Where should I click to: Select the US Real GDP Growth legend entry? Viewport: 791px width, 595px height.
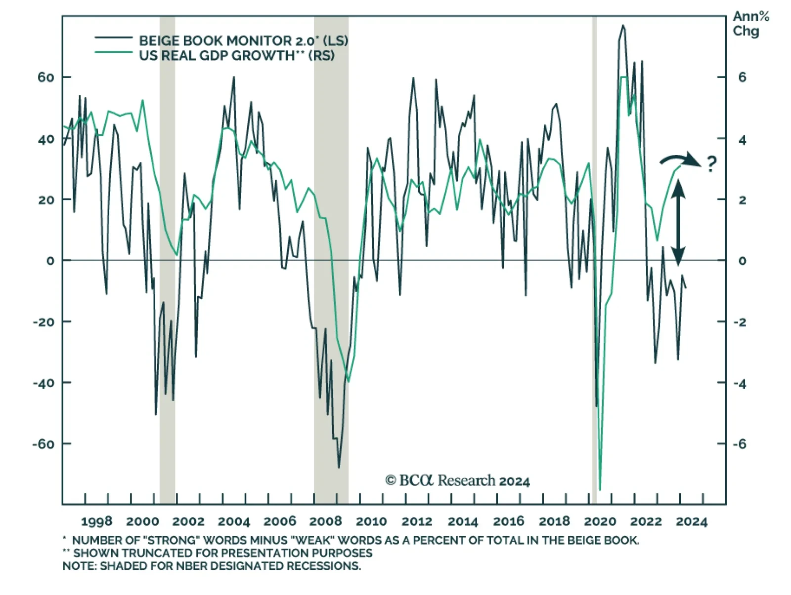click(x=236, y=55)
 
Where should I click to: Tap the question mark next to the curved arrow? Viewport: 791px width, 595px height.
click(x=711, y=163)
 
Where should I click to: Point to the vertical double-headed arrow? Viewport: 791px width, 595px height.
click(x=678, y=223)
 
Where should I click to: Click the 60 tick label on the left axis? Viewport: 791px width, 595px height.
click(x=45, y=78)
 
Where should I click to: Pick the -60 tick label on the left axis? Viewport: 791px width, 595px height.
click(x=43, y=444)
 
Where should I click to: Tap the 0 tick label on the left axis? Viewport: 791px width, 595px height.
click(x=50, y=261)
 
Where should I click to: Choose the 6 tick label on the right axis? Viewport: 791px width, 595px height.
click(x=742, y=78)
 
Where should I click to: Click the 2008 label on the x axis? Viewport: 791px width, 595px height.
click(x=325, y=521)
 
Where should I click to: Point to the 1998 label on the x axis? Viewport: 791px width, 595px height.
click(x=96, y=521)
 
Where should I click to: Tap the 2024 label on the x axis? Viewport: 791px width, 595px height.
click(x=692, y=521)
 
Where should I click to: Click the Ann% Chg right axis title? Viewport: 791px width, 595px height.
click(x=750, y=24)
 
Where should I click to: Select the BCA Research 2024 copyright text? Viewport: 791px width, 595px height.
click(x=457, y=480)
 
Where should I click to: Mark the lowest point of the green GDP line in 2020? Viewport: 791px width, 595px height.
click(x=600, y=490)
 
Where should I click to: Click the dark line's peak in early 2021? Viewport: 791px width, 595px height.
click(x=623, y=26)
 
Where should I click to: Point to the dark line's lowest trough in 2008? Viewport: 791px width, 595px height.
click(x=339, y=467)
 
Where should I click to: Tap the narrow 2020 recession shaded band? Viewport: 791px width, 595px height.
click(x=595, y=247)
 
